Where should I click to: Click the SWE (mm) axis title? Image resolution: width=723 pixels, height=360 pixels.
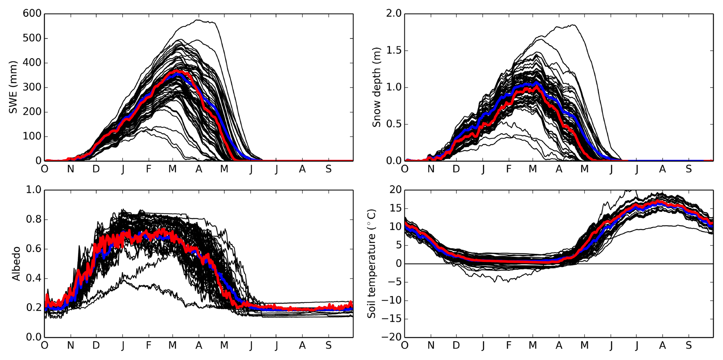[13, 87]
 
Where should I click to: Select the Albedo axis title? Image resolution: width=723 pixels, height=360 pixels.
[16, 264]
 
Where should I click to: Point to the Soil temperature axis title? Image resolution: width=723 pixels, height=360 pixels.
[371, 264]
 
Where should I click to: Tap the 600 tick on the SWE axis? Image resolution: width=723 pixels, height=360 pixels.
[32, 14]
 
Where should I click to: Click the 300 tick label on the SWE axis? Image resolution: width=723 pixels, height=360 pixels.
[32, 87]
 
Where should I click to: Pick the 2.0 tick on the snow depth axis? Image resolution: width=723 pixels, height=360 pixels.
[394, 14]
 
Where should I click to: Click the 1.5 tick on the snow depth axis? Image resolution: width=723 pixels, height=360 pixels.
[394, 51]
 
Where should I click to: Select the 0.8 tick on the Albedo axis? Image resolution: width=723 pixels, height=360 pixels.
[34, 220]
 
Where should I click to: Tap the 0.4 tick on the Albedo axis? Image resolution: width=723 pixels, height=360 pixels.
[34, 278]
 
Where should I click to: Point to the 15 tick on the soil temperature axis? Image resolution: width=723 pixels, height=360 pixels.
[395, 209]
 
